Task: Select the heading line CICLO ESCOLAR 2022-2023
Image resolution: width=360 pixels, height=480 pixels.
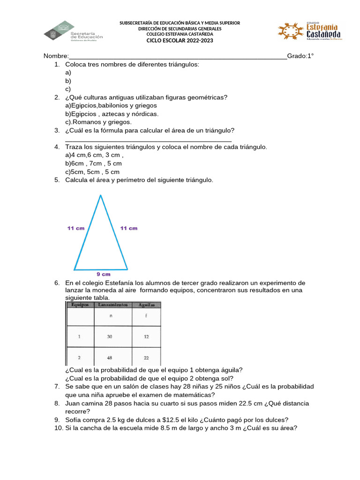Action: (180, 40)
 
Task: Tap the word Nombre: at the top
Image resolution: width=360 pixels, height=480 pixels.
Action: (56, 56)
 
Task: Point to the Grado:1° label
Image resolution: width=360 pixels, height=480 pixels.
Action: (300, 56)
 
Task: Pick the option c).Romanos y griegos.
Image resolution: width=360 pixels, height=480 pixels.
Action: (92, 122)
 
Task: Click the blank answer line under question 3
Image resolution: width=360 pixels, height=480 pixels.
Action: (148, 140)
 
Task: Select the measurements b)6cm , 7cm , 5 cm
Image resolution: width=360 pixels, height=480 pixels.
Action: (93, 164)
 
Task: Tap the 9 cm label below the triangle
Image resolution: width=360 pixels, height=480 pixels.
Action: (104, 274)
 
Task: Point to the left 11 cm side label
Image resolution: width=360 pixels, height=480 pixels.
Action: (76, 228)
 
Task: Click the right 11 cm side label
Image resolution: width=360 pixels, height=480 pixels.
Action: (129, 228)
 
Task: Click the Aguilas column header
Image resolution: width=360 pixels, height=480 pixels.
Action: (146, 305)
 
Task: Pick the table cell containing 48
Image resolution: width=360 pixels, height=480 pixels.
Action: (110, 358)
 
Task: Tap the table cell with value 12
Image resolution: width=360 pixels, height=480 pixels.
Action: (146, 337)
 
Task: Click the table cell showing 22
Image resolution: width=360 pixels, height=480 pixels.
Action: (146, 358)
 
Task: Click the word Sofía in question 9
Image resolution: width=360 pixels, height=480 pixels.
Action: (74, 420)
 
